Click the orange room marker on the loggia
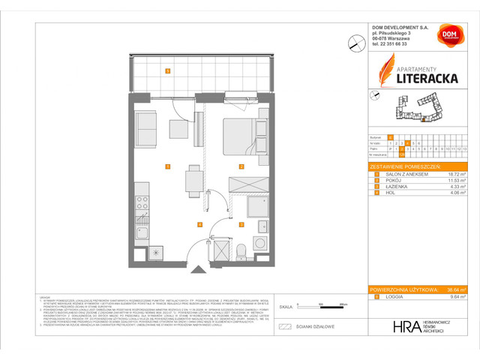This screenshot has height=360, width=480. point(168,72)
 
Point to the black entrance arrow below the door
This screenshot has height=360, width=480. point(196,269)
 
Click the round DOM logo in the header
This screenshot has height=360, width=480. point(448,34)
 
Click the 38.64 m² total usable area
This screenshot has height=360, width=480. point(452,289)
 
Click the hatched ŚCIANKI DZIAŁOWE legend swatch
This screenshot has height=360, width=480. point(283,326)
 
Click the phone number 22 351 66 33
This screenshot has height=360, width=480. point(394,43)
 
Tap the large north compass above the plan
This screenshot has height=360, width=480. point(355,44)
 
